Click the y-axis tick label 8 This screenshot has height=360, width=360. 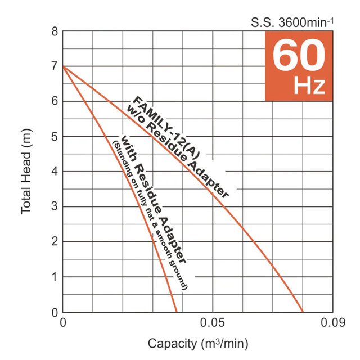coord(55,31)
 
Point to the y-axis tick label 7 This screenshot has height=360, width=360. coord(55,66)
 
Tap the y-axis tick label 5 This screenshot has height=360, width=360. coord(55,137)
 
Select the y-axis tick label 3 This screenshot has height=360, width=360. coord(55,206)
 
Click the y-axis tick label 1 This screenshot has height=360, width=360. coord(55,277)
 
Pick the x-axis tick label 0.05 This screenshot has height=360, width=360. coord(213,323)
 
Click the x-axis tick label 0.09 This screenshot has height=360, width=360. coord(332,323)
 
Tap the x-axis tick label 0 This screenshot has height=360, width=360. coord(62,323)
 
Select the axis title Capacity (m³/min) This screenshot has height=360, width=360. coord(197,343)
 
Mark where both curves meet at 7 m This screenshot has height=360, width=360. coord(63,66)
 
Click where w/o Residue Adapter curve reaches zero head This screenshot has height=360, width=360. coord(303,312)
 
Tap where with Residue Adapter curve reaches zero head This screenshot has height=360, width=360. coord(177,312)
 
